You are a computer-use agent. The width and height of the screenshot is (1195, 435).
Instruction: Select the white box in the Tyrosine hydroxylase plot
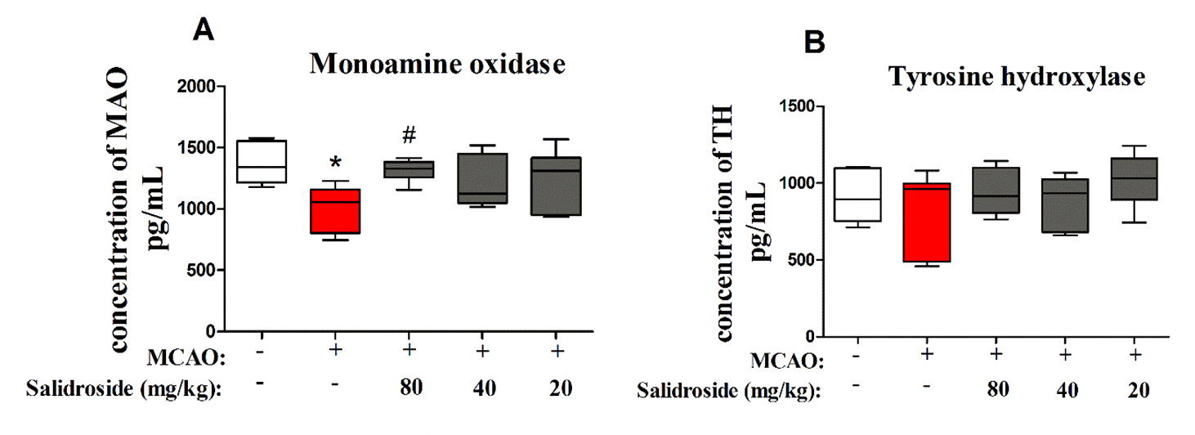[x=857, y=194]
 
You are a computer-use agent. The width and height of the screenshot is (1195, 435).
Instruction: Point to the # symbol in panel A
[x=409, y=134]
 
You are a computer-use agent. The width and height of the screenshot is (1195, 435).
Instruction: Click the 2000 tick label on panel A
[x=198, y=87]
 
